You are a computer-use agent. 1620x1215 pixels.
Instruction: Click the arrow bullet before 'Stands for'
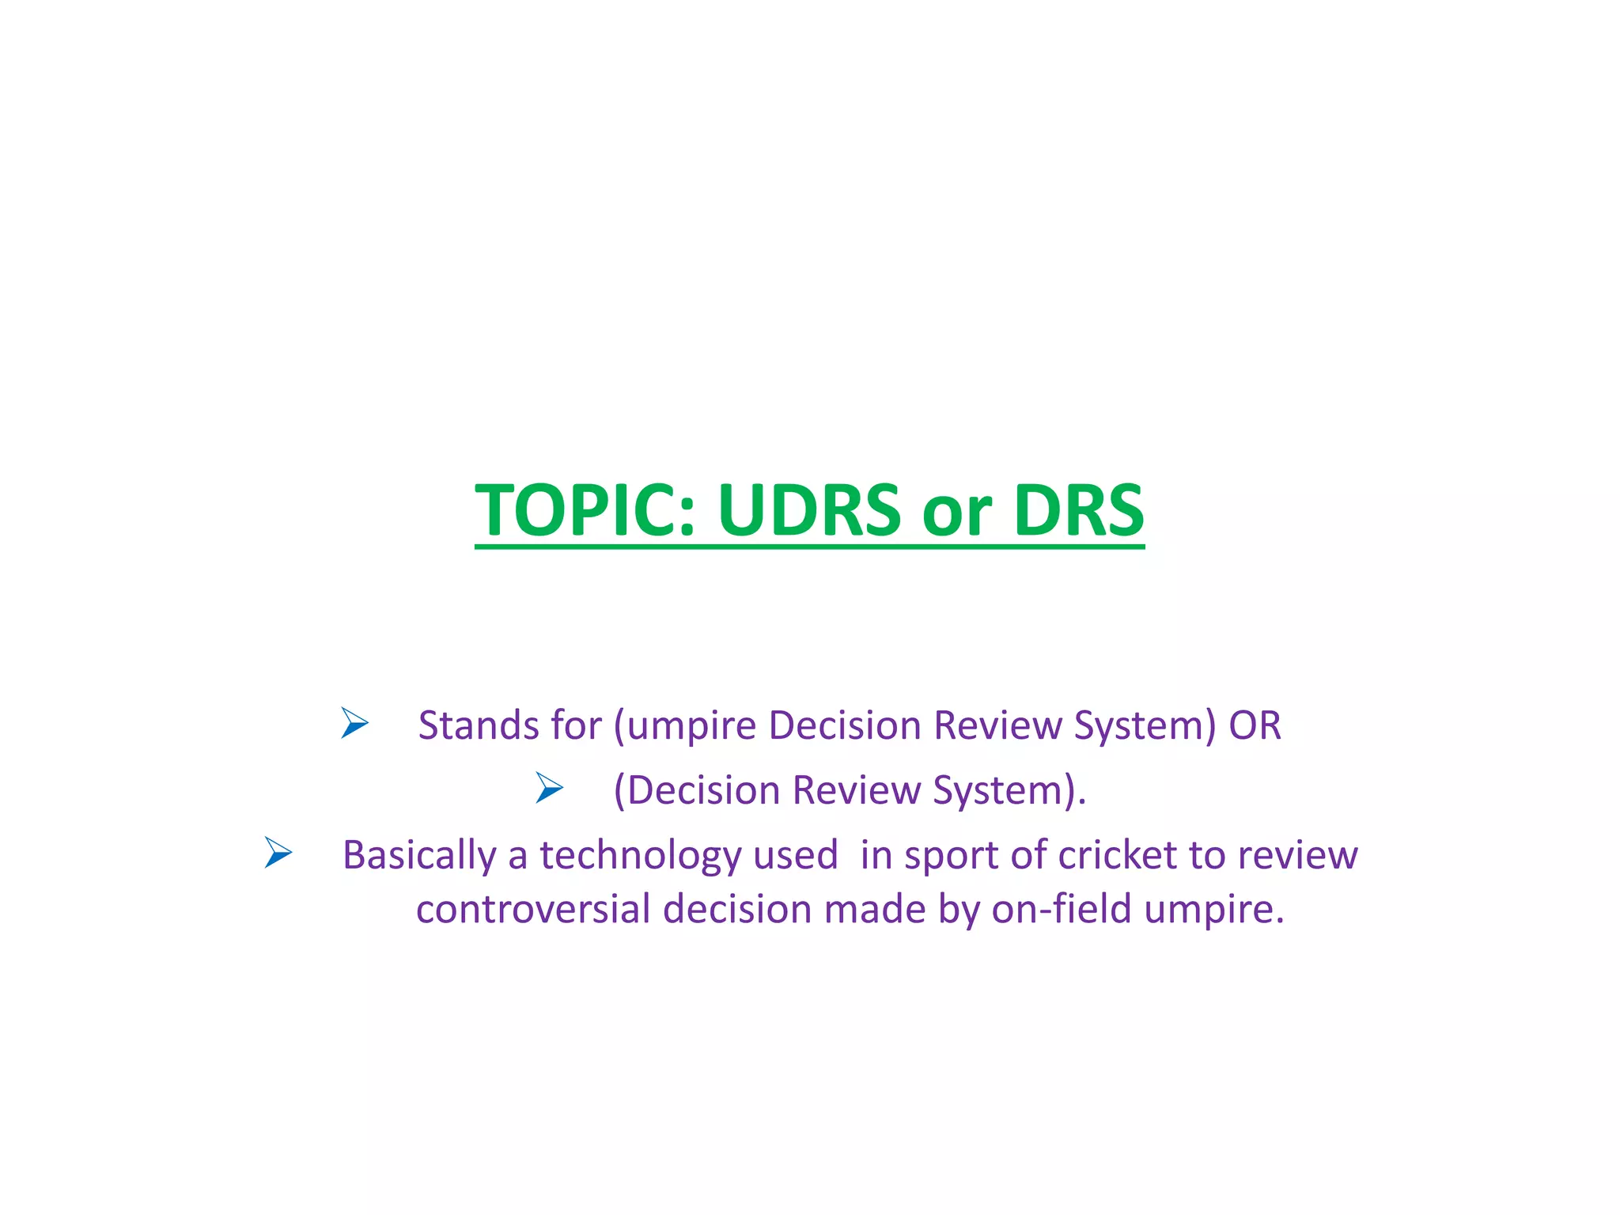pos(355,723)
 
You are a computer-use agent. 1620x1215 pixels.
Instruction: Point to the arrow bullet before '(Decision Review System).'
pos(549,788)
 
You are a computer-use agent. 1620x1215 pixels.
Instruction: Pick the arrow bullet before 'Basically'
pos(278,853)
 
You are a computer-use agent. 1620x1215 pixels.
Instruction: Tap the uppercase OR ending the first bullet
pos(1255,725)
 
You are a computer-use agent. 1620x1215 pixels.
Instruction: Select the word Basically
pos(418,856)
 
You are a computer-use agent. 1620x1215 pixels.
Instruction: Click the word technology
pos(641,856)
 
